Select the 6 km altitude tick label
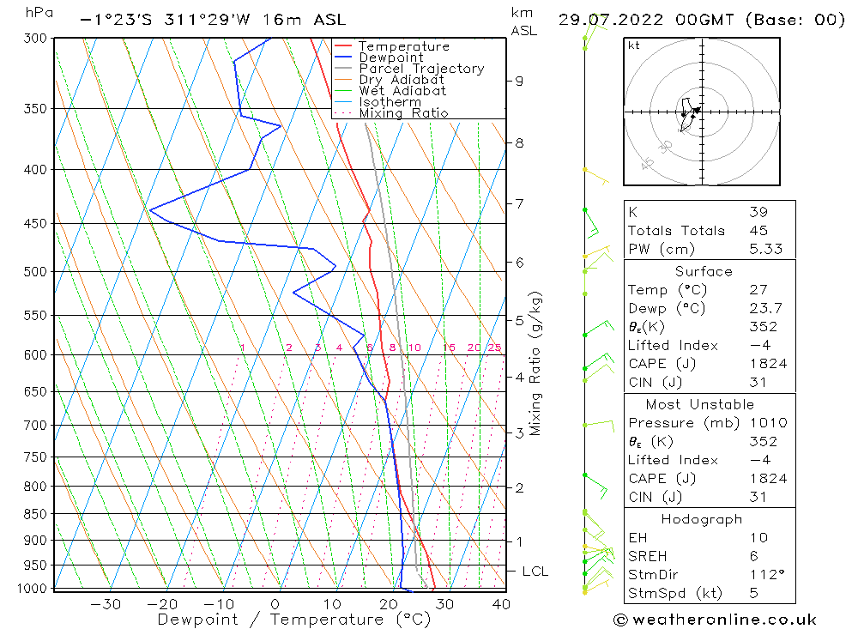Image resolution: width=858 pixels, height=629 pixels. pos(519,262)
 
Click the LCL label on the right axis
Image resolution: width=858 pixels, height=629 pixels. pos(535,572)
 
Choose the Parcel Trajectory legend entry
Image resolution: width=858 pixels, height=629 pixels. pos(420,69)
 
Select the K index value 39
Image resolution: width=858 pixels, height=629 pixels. pos(758,212)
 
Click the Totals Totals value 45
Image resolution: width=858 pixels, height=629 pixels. pos(758,230)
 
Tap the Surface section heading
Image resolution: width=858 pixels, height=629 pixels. pos(704,271)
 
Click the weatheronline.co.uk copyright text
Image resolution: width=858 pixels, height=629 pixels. pos(715,620)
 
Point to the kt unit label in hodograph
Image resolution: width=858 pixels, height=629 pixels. pos(633,45)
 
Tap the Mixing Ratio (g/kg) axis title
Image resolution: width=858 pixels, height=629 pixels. pos(536,364)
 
